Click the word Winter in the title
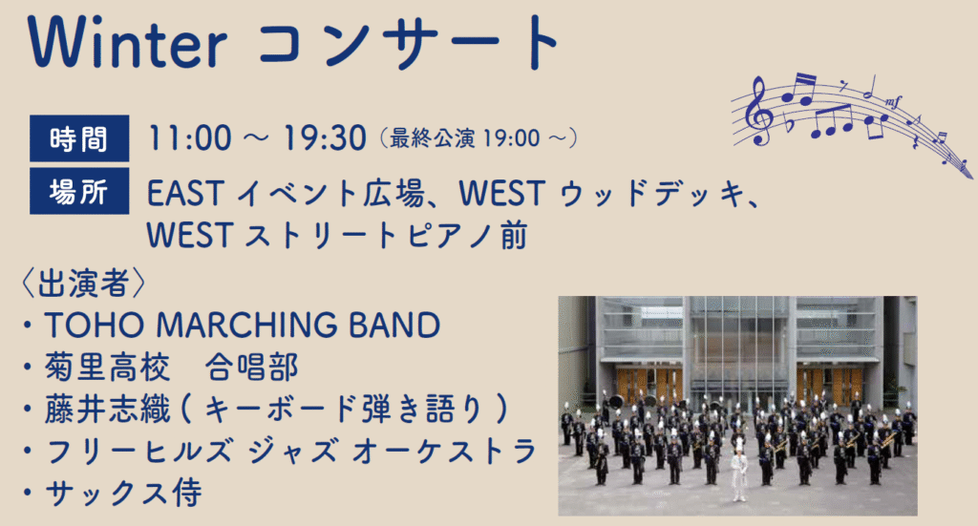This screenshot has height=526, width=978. click(x=127, y=42)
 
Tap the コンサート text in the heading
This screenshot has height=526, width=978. click(x=409, y=43)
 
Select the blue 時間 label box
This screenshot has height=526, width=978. click(x=79, y=138)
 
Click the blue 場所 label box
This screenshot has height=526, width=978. click(x=79, y=191)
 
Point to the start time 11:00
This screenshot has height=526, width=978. click(x=190, y=137)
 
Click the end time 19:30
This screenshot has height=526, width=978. click(x=325, y=137)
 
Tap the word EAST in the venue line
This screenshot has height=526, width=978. click(x=185, y=193)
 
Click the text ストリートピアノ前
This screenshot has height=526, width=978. click(x=386, y=236)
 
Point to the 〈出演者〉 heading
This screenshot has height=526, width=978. click(x=84, y=284)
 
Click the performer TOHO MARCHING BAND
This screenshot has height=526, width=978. click(x=242, y=326)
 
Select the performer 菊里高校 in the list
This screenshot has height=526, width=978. click(x=107, y=367)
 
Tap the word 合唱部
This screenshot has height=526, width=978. click(x=251, y=367)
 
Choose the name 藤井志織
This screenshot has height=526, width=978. click(x=107, y=410)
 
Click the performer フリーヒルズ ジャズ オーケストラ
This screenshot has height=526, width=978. click(x=290, y=452)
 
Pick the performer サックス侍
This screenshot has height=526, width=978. click(x=123, y=493)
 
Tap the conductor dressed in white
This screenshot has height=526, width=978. click(x=740, y=470)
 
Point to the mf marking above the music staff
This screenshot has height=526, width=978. click(x=893, y=101)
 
